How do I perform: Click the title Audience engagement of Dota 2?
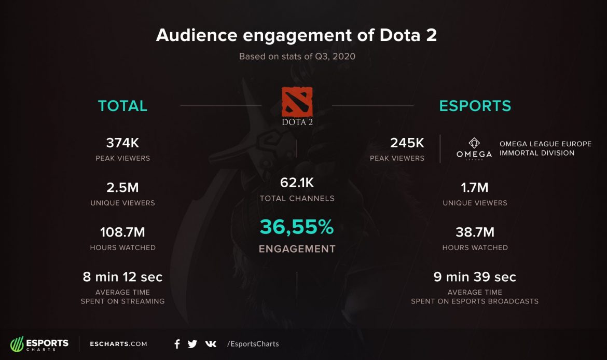click(296, 35)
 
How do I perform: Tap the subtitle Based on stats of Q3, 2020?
click(297, 57)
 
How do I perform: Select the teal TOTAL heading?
click(122, 106)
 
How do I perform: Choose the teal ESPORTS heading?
click(475, 106)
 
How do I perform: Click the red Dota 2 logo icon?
click(297, 102)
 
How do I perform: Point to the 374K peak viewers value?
click(122, 143)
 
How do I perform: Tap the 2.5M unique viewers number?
click(122, 187)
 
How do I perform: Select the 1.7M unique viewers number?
click(475, 187)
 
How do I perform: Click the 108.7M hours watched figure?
click(122, 232)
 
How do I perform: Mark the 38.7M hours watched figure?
click(475, 232)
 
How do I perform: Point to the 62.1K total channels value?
click(297, 183)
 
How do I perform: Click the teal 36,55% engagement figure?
click(297, 227)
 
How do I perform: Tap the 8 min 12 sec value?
click(122, 277)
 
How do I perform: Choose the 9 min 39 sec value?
click(475, 277)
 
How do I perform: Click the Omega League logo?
click(474, 148)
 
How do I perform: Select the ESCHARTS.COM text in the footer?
click(118, 344)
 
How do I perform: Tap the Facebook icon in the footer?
click(177, 344)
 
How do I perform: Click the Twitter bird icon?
click(192, 344)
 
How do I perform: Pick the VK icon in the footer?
click(211, 344)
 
